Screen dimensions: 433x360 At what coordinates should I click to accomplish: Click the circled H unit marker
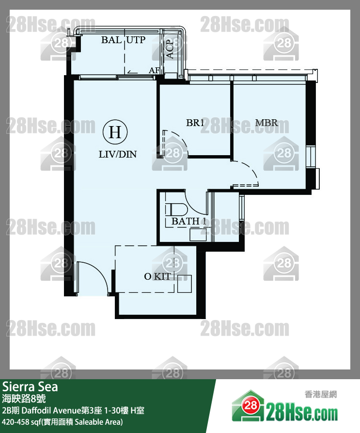(x=115, y=132)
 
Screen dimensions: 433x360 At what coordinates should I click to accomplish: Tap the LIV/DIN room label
(x=118, y=155)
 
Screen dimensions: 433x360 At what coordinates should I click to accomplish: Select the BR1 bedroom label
(x=195, y=123)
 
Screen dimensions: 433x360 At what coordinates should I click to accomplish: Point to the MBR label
(x=266, y=123)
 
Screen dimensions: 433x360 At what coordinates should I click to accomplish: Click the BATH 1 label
(x=186, y=221)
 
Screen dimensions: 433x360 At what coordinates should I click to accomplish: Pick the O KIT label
(x=157, y=276)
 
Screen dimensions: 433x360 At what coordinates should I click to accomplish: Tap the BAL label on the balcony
(x=111, y=40)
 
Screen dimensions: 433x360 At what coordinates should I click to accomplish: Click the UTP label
(x=137, y=40)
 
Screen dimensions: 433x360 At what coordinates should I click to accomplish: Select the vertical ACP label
(x=170, y=49)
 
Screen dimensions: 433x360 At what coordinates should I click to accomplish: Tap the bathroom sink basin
(x=198, y=234)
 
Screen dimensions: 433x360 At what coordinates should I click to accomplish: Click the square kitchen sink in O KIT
(x=184, y=284)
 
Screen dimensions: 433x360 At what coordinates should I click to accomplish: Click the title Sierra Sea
(x=30, y=387)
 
